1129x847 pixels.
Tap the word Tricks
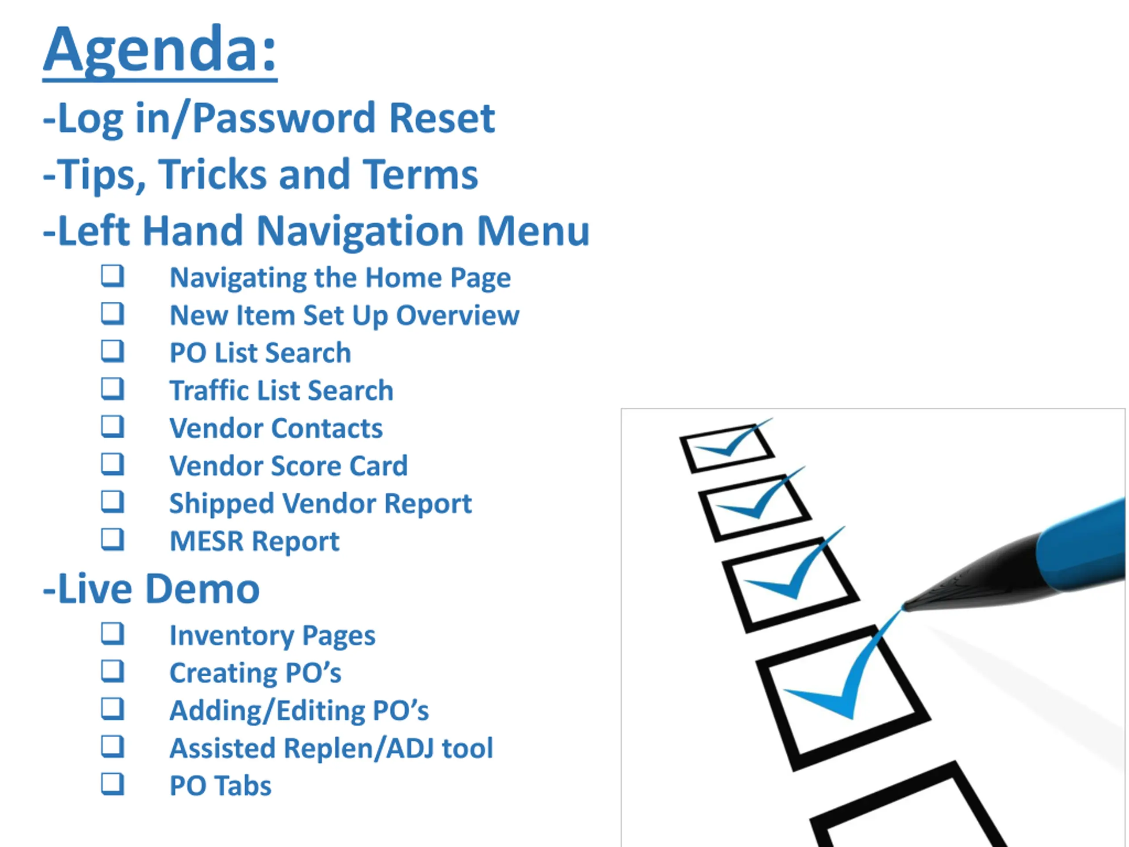pyautogui.click(x=213, y=174)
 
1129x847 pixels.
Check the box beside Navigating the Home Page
pyautogui.click(x=112, y=276)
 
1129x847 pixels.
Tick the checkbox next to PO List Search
pyautogui.click(x=112, y=351)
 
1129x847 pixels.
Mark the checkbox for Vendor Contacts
pyautogui.click(x=112, y=426)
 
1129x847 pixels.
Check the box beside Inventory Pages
pyautogui.click(x=112, y=633)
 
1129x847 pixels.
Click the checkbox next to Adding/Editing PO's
pyautogui.click(x=112, y=708)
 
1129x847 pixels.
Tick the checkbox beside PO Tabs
pyautogui.click(x=112, y=783)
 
